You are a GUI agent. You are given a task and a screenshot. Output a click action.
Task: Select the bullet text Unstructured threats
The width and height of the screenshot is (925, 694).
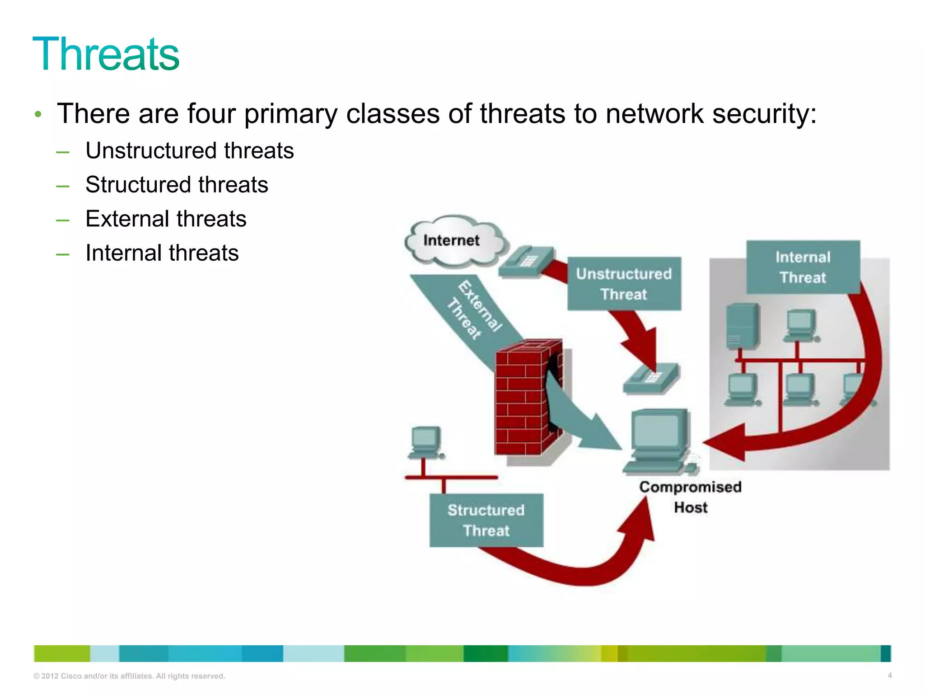click(x=189, y=150)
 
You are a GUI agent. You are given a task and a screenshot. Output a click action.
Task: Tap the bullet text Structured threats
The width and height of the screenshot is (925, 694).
click(x=177, y=184)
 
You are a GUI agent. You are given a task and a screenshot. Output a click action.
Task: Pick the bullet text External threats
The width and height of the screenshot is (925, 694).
click(x=166, y=219)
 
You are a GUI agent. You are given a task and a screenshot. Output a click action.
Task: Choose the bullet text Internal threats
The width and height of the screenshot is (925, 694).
click(x=162, y=253)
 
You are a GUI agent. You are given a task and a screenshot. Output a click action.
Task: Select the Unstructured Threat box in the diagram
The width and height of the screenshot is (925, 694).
click(x=624, y=284)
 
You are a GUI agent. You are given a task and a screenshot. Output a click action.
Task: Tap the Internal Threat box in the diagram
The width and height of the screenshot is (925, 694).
click(x=803, y=267)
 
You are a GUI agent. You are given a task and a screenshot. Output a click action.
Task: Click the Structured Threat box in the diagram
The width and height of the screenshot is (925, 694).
click(x=486, y=520)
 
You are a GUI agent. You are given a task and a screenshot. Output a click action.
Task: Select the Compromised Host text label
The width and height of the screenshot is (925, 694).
click(x=690, y=497)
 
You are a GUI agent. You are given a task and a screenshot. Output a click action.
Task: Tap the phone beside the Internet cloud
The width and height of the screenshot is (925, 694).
click(x=526, y=262)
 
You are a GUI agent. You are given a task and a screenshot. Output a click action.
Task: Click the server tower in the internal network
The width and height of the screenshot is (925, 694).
click(x=742, y=326)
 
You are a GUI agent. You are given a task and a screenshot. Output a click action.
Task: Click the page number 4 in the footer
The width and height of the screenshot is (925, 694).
click(x=889, y=675)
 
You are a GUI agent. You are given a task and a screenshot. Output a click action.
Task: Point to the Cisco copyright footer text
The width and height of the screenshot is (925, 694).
click(x=129, y=676)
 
